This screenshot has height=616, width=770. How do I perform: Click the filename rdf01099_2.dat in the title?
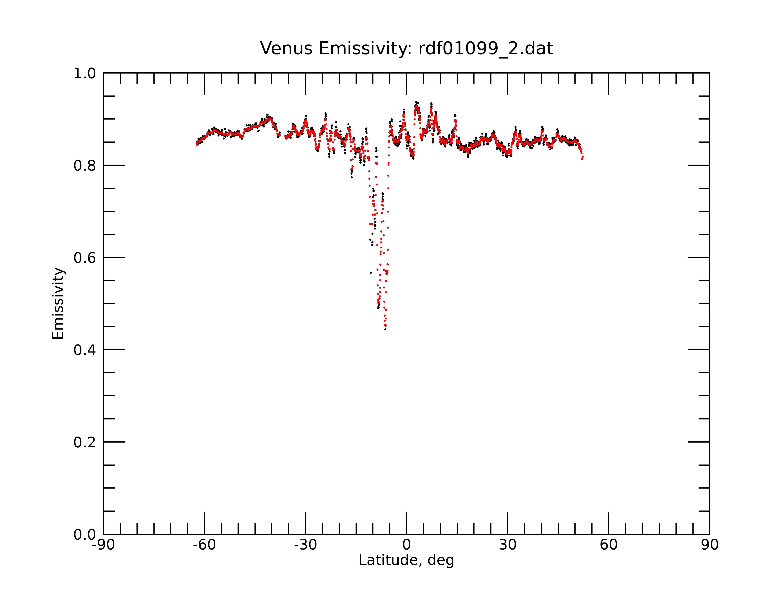click(x=485, y=49)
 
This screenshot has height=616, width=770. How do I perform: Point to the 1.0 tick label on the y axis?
click(x=85, y=74)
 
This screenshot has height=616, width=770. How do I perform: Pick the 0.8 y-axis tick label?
click(x=85, y=166)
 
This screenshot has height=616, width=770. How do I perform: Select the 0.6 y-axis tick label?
click(x=85, y=258)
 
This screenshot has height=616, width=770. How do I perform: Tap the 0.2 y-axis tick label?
click(x=85, y=442)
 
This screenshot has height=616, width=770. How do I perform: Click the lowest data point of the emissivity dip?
click(x=385, y=329)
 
